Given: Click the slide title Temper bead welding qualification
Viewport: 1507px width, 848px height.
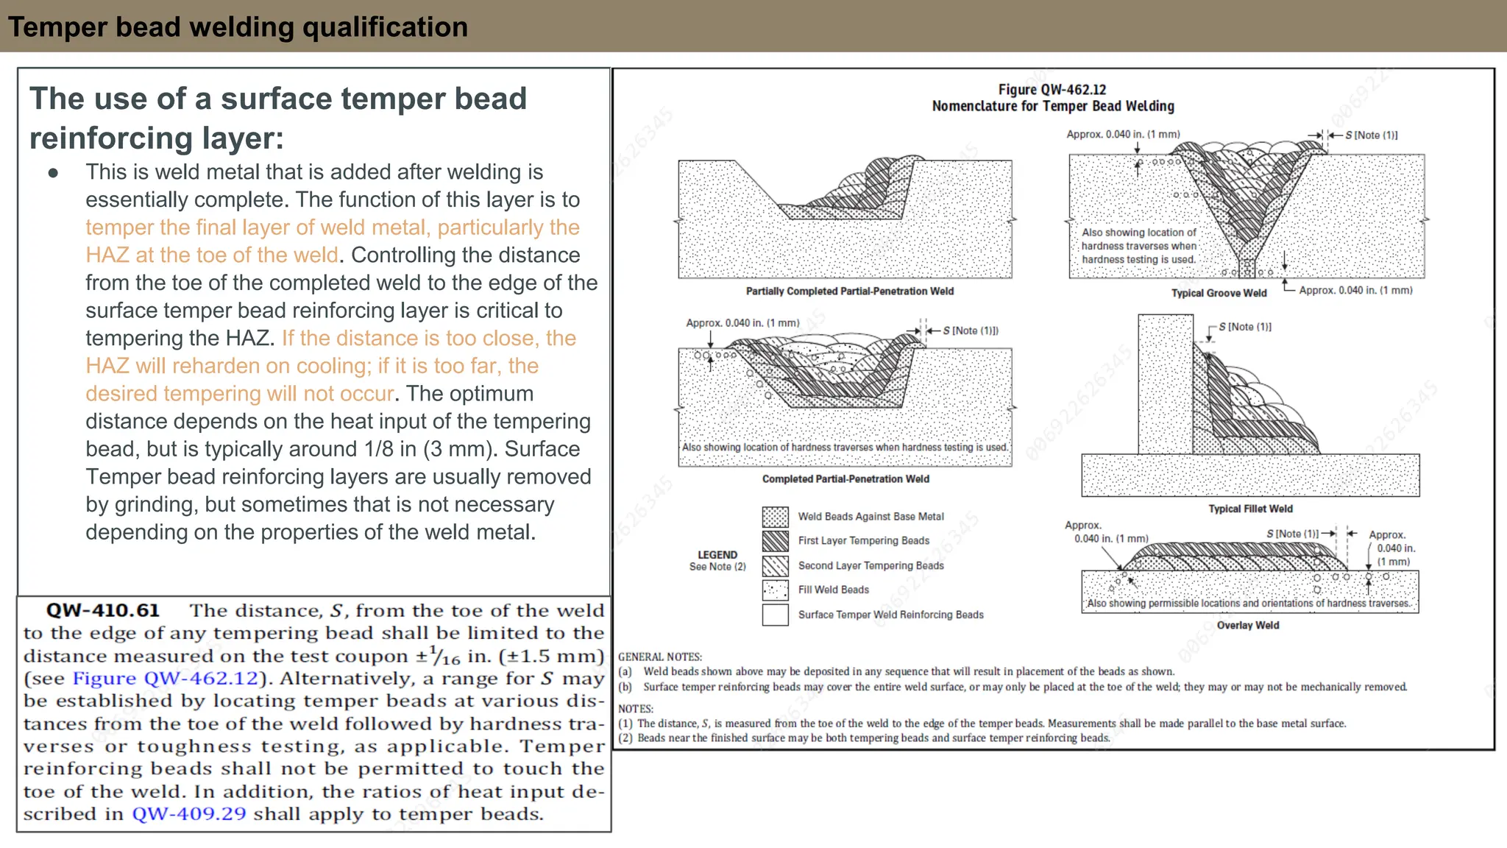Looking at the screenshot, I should pos(238,27).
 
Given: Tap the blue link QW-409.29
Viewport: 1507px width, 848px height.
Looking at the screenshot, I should pos(188,814).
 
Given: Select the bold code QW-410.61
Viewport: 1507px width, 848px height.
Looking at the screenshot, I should pos(102,611).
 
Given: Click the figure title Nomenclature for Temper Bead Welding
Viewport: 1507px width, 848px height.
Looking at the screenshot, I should pos(1052,106).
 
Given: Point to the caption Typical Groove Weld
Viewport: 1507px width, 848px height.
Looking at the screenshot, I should pos(1219,293).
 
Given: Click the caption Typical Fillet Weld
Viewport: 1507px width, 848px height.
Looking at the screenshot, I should pos(1250,509).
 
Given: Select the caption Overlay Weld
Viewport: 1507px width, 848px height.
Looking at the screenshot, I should pos(1248,625).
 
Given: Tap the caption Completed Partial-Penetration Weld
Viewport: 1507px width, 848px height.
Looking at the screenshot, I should pos(845,479).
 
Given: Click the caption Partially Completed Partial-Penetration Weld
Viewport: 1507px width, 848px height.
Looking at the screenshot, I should pos(849,291).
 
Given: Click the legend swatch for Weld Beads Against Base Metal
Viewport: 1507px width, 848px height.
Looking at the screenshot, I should pos(775,517).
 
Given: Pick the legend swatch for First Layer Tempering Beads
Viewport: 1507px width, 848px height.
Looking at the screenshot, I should pos(775,541).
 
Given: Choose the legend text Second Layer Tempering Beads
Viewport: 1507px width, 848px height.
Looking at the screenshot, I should pos(870,565).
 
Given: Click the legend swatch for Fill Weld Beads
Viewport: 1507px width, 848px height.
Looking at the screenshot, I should pos(775,590).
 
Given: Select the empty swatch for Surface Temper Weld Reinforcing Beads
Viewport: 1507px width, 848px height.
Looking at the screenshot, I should pos(775,615).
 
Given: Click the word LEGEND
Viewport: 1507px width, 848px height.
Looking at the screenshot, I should pos(717,555).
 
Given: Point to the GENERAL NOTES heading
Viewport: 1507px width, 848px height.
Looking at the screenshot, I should pos(659,657).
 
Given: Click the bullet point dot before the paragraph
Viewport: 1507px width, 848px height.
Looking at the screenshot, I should pos(53,174).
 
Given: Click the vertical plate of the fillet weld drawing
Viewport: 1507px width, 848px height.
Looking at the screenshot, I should pos(1165,383).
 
